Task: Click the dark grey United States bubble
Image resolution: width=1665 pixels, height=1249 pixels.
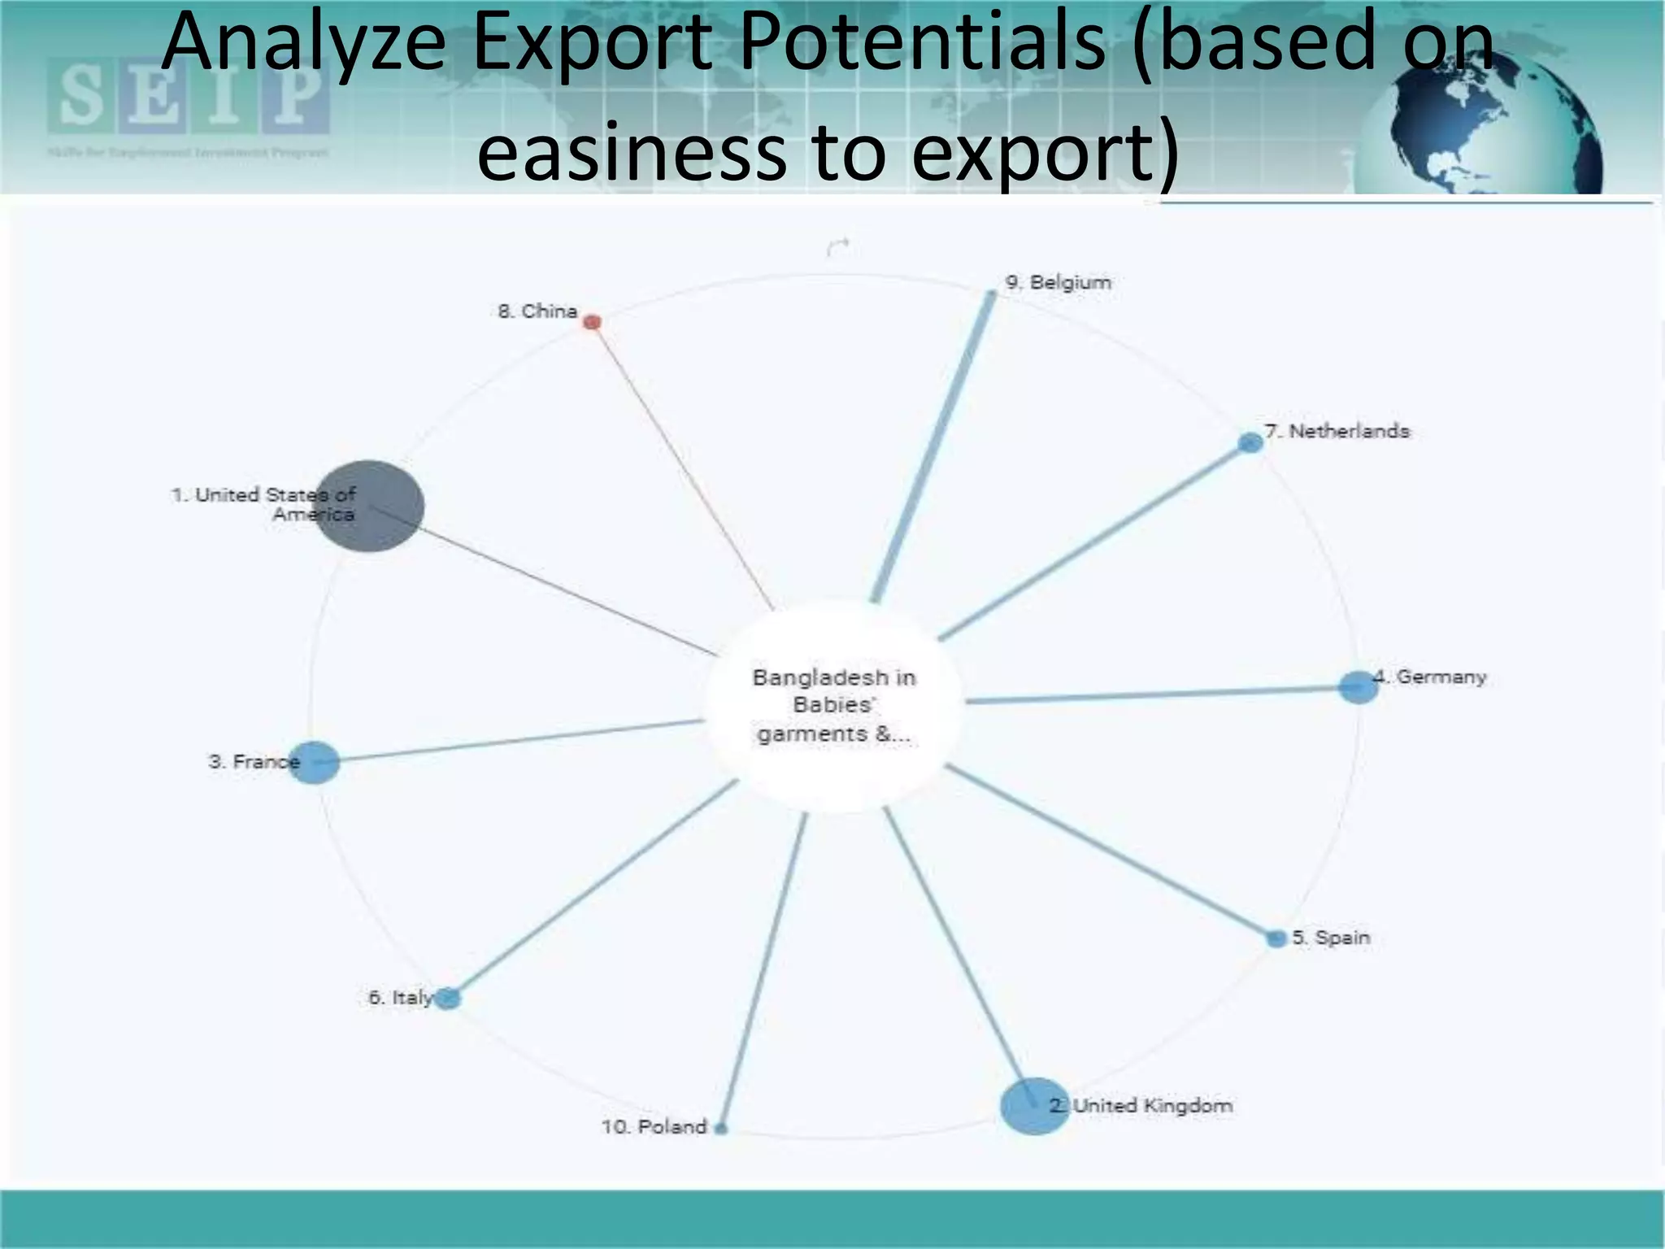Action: tap(369, 506)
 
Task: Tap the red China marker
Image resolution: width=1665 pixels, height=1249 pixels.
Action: tap(593, 322)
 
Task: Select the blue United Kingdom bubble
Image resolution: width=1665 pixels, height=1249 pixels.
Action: tap(1034, 1105)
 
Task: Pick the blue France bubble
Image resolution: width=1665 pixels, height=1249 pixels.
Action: tap(314, 763)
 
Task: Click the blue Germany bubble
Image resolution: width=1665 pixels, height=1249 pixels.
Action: tap(1358, 687)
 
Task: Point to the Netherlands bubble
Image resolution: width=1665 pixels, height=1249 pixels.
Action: tap(1250, 442)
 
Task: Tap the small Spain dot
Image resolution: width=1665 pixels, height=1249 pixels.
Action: tap(1276, 938)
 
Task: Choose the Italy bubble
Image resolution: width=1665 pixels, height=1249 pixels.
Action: tap(447, 998)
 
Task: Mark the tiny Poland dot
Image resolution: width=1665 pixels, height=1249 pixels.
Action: tap(720, 1128)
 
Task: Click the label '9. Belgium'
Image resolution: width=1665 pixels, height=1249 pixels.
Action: tap(1058, 282)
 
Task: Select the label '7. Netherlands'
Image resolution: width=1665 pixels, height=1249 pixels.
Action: tap(1337, 431)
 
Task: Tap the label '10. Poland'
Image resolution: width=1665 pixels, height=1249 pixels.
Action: tap(654, 1127)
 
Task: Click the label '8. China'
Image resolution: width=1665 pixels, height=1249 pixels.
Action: tap(537, 311)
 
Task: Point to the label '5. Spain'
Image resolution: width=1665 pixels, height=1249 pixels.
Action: tap(1331, 938)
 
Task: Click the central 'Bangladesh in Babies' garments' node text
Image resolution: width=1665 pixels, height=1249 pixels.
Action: tap(833, 705)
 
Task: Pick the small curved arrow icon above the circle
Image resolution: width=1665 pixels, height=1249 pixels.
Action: tap(837, 246)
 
